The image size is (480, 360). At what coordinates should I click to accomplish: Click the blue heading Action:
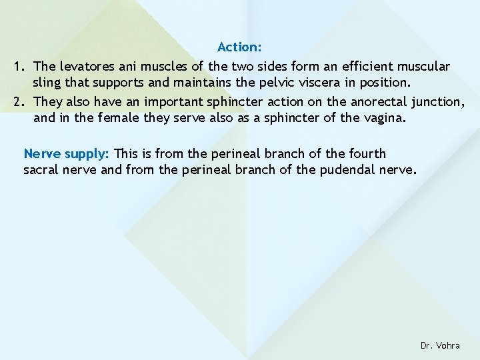239,47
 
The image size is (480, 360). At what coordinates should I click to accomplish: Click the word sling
47,83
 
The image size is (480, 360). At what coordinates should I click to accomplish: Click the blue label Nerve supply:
67,153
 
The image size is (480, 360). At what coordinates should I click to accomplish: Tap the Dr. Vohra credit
440,345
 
